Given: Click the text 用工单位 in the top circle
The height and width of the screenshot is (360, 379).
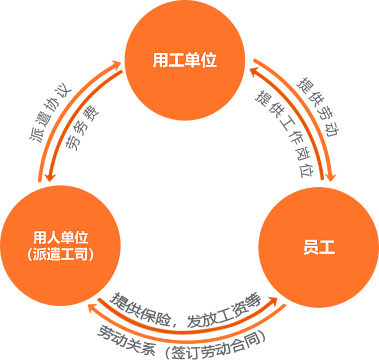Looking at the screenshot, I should (x=185, y=61).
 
